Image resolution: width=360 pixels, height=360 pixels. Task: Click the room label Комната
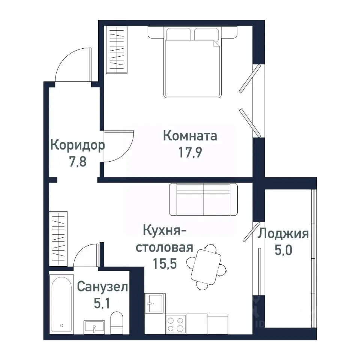pyautogui.click(x=190, y=136)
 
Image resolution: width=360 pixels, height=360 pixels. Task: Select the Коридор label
pyautogui.click(x=77, y=145)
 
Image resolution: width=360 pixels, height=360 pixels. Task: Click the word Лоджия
pyautogui.click(x=283, y=234)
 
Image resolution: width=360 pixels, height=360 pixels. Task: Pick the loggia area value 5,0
pyautogui.click(x=283, y=250)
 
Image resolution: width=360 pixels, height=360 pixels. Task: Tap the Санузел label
pyautogui.click(x=102, y=287)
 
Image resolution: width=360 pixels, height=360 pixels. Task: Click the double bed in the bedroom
pyautogui.click(x=192, y=67)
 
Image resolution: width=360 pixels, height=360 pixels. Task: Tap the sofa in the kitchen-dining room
pyautogui.click(x=203, y=199)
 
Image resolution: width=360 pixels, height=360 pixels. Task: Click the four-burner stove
pyautogui.click(x=175, y=324)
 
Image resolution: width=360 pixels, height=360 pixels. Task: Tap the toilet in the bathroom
pyautogui.click(x=117, y=322)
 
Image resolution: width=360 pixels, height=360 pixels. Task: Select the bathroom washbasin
pyautogui.click(x=94, y=327)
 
